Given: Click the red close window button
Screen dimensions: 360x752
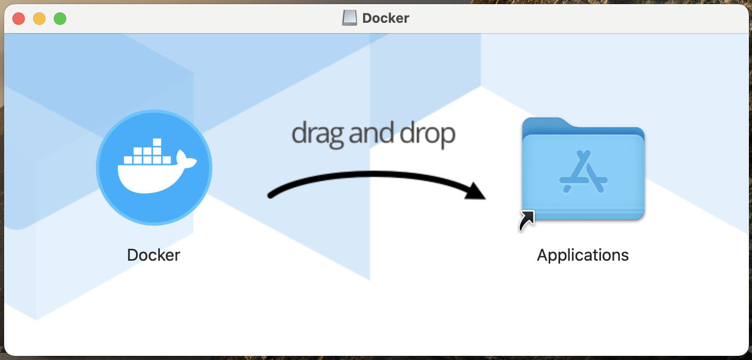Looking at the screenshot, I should pos(19,19).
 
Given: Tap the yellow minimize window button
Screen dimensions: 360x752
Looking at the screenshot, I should pos(39,19).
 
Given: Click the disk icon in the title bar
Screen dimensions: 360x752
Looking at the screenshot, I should pos(350,18).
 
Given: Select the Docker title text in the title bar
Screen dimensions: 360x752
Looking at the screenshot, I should pos(386,18).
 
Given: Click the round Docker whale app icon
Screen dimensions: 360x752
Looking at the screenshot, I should pos(154,168).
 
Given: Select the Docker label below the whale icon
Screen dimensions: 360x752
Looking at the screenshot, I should pos(154,255).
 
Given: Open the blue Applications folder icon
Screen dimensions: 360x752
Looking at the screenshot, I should pos(583,171).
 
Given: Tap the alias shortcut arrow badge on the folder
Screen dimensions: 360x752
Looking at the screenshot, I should pos(527,221).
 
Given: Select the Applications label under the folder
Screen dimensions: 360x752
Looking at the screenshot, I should pos(583,255).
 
